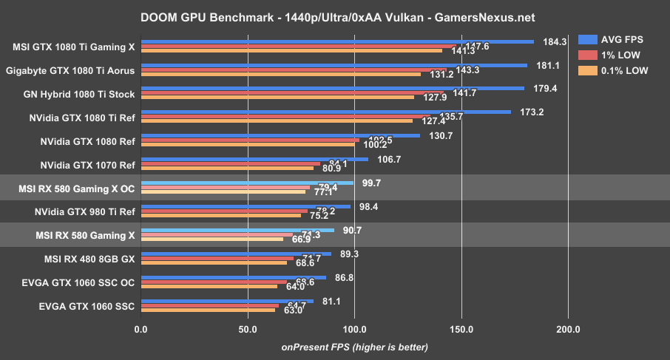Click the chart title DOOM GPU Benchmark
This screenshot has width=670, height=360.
[334, 16]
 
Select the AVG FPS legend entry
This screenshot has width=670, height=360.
[626, 39]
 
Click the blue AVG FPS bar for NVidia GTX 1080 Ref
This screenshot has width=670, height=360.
[280, 135]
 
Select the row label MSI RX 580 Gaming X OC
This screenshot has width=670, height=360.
[75, 189]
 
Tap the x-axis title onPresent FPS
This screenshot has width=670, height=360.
[354, 347]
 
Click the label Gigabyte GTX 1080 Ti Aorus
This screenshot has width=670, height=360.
[70, 71]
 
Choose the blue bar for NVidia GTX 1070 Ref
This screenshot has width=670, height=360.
[254, 159]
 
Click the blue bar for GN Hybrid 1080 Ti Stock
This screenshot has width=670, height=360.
[332, 88]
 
